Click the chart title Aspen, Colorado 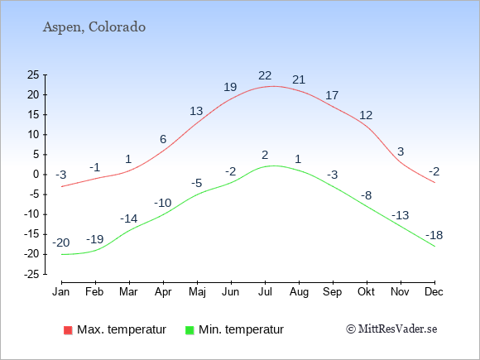[x=94, y=27]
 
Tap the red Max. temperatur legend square [x=68, y=330]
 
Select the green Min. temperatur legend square [x=190, y=330]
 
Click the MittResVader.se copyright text [x=391, y=329]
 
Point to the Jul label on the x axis [x=265, y=292]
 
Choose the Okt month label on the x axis [x=366, y=292]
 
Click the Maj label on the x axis [x=197, y=292]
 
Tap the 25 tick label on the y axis [x=33, y=74]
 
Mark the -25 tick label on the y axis [x=31, y=274]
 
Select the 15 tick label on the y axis [x=33, y=114]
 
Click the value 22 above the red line [x=265, y=75]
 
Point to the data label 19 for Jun [x=230, y=87]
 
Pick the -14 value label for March [x=128, y=218]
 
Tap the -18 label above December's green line [x=434, y=235]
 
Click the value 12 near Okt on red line [x=366, y=115]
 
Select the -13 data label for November [x=400, y=215]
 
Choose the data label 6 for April [x=163, y=139]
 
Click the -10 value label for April [x=162, y=203]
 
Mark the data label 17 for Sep [x=332, y=95]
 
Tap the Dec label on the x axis [x=434, y=292]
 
